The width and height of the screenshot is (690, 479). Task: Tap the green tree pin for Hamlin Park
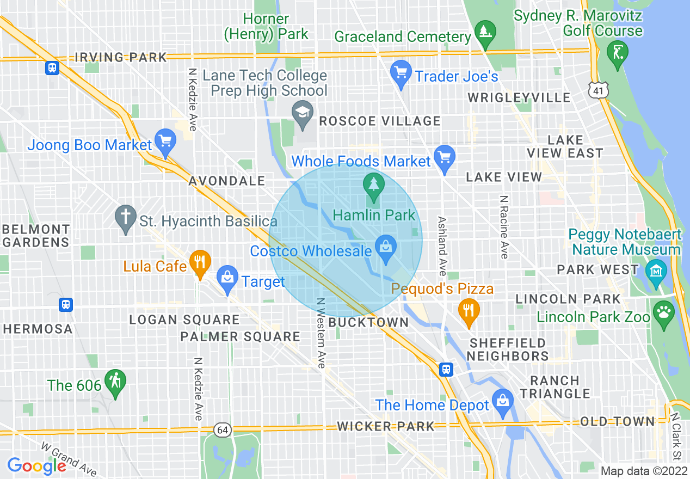[373, 184]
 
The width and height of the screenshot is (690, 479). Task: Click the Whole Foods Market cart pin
[445, 158]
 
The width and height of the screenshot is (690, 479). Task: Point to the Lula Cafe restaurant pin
[200, 263]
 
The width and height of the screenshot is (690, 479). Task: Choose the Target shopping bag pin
[227, 278]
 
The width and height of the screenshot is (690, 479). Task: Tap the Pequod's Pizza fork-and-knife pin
[469, 311]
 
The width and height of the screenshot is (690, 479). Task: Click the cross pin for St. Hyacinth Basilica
[126, 218]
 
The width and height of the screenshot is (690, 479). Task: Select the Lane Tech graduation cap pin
[301, 113]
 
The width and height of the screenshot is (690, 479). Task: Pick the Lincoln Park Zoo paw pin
[664, 314]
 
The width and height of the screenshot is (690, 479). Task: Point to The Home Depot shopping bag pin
[502, 402]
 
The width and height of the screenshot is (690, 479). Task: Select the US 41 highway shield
[599, 90]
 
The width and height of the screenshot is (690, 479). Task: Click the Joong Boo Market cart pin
[164, 142]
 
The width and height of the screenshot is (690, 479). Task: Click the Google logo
[37, 465]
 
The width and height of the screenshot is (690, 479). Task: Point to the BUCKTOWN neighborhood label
[369, 322]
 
